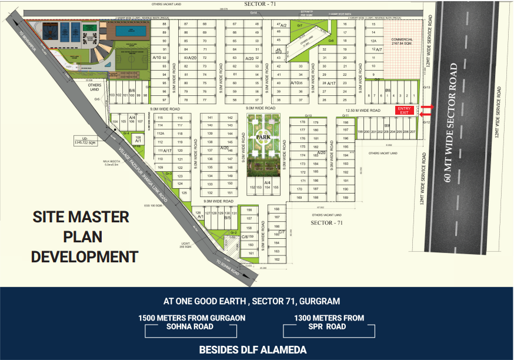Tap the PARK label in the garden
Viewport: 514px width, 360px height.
pyautogui.click(x=262, y=137)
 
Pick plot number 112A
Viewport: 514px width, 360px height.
pyautogui.click(x=160, y=134)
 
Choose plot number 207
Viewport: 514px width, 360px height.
pyautogui.click(x=413, y=132)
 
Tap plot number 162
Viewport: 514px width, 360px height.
pyautogui.click(x=276, y=259)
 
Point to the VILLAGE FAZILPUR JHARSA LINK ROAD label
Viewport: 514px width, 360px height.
pyautogui.click(x=144, y=176)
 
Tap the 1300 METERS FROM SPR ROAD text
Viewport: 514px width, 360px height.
pyautogui.click(x=329, y=322)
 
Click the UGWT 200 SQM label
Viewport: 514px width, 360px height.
pyautogui.click(x=185, y=246)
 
